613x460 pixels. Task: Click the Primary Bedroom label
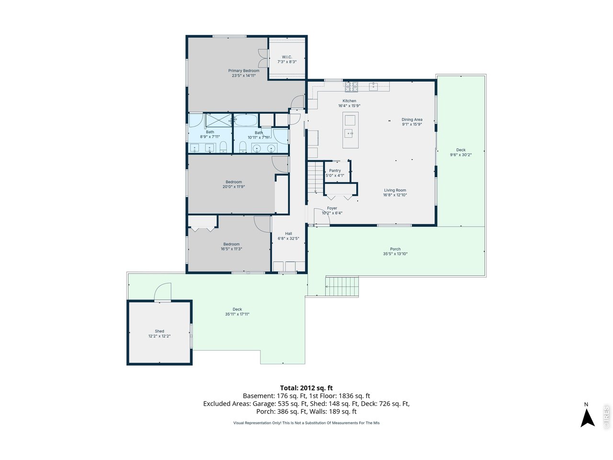click(x=244, y=70)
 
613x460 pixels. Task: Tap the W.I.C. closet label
click(x=287, y=57)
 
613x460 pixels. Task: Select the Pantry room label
click(x=335, y=171)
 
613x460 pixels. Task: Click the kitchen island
click(x=351, y=130)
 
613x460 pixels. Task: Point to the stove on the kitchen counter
click(x=351, y=87)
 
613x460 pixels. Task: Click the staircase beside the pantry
click(x=316, y=177)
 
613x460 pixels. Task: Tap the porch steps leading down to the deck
click(x=342, y=286)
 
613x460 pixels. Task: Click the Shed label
click(x=159, y=331)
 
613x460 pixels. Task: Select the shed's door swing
click(x=163, y=291)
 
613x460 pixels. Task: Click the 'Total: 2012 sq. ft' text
click(x=306, y=388)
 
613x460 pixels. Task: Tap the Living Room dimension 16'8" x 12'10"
click(x=395, y=195)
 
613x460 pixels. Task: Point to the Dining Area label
click(x=412, y=120)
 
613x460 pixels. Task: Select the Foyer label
click(x=332, y=208)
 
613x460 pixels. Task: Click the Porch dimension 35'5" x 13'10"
click(x=395, y=254)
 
